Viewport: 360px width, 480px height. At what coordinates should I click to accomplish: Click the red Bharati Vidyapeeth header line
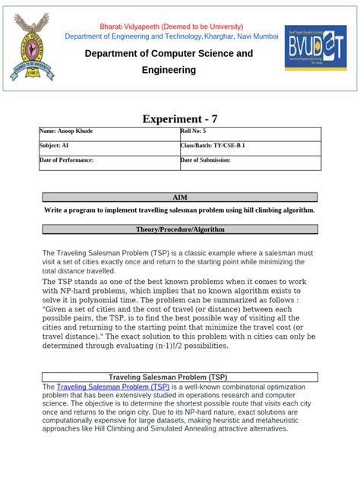point(169,25)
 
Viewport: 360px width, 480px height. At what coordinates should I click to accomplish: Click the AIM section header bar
point(180,197)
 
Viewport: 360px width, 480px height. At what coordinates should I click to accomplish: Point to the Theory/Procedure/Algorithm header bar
point(180,229)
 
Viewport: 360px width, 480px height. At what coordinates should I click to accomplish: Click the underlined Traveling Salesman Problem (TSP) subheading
point(168,377)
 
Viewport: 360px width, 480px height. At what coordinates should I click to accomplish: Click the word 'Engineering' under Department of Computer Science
point(169,70)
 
